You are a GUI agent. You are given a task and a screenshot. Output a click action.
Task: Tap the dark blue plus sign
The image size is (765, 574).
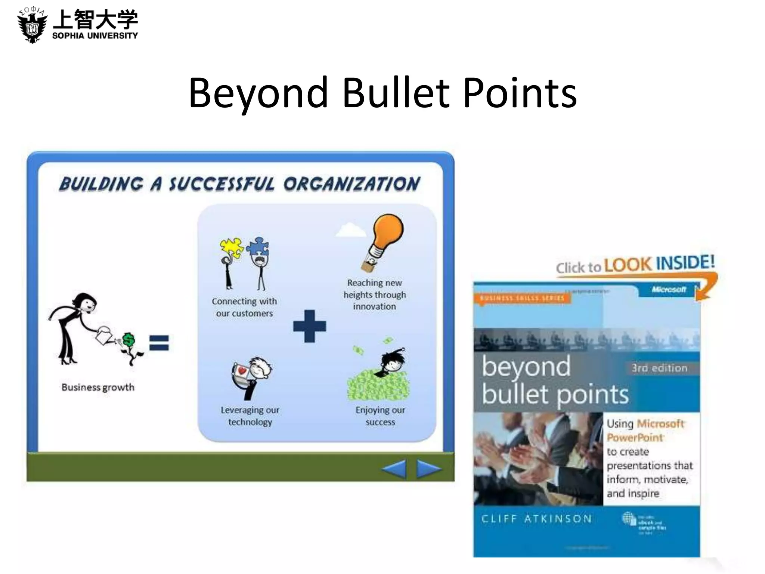click(x=309, y=326)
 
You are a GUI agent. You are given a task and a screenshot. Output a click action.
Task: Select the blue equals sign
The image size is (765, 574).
click(x=159, y=343)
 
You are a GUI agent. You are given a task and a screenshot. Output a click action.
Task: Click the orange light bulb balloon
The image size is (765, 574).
click(x=388, y=232)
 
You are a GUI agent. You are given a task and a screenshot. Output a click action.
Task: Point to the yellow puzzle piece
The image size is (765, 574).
click(x=230, y=247)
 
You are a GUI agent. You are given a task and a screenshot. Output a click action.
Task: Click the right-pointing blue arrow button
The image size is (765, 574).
click(x=428, y=469)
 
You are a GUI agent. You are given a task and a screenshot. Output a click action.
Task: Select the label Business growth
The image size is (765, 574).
click(x=98, y=387)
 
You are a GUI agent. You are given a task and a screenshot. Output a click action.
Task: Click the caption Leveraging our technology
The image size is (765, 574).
click(x=250, y=416)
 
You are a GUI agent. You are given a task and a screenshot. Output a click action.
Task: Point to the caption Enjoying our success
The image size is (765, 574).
click(x=380, y=416)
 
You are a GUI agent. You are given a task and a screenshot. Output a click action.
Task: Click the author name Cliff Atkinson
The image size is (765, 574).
click(x=536, y=519)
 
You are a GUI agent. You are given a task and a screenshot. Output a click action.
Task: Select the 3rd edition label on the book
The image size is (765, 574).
click(x=659, y=368)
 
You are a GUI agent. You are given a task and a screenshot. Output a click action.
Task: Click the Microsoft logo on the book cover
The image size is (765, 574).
click(x=669, y=289)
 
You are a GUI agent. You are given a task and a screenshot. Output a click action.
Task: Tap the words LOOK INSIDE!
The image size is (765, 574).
click(x=659, y=263)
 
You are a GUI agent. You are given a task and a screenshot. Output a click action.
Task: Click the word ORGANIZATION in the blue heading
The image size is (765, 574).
click(x=351, y=184)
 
